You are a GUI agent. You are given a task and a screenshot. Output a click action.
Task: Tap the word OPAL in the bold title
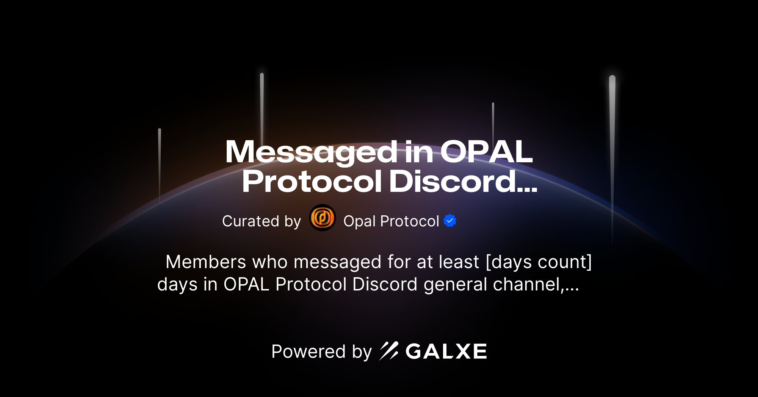coord(486,152)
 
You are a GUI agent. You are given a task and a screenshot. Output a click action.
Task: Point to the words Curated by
coord(262,221)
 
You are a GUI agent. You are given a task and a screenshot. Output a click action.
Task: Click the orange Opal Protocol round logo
coord(323,218)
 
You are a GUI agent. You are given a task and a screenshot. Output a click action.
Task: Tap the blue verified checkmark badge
coord(450,221)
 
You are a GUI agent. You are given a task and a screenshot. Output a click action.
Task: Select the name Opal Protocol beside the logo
coord(391,221)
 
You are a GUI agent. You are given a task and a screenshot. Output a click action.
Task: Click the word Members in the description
coord(206,262)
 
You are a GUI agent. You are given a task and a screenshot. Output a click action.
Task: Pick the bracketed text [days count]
coord(539,262)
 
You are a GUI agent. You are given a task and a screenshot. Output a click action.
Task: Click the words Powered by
coord(321,351)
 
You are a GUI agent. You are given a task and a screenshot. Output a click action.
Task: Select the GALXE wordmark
coord(446,351)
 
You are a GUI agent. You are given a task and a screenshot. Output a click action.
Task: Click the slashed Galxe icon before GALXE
coord(389,351)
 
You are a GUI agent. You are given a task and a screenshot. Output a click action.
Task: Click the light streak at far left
coord(160,163)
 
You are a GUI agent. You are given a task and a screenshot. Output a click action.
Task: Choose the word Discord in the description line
coord(384,284)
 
